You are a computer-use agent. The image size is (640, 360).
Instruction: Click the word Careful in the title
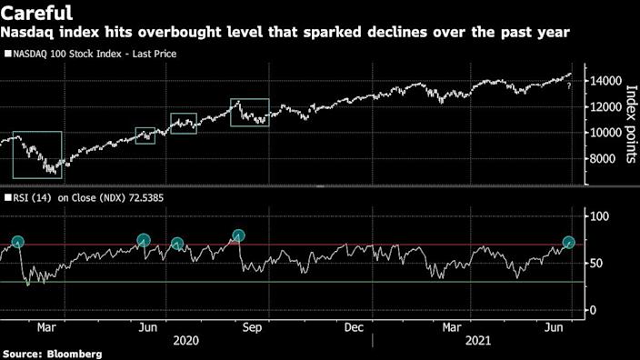tap(40, 14)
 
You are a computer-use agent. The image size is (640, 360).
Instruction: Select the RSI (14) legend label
tap(33, 195)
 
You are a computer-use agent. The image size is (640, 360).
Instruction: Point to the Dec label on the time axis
tap(354, 326)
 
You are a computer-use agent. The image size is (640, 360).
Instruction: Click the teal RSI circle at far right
tap(569, 243)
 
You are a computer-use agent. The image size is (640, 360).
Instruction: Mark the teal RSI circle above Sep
tap(239, 236)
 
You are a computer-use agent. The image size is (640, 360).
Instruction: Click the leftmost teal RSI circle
tap(17, 242)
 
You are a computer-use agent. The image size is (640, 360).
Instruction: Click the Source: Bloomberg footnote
tap(51, 353)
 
